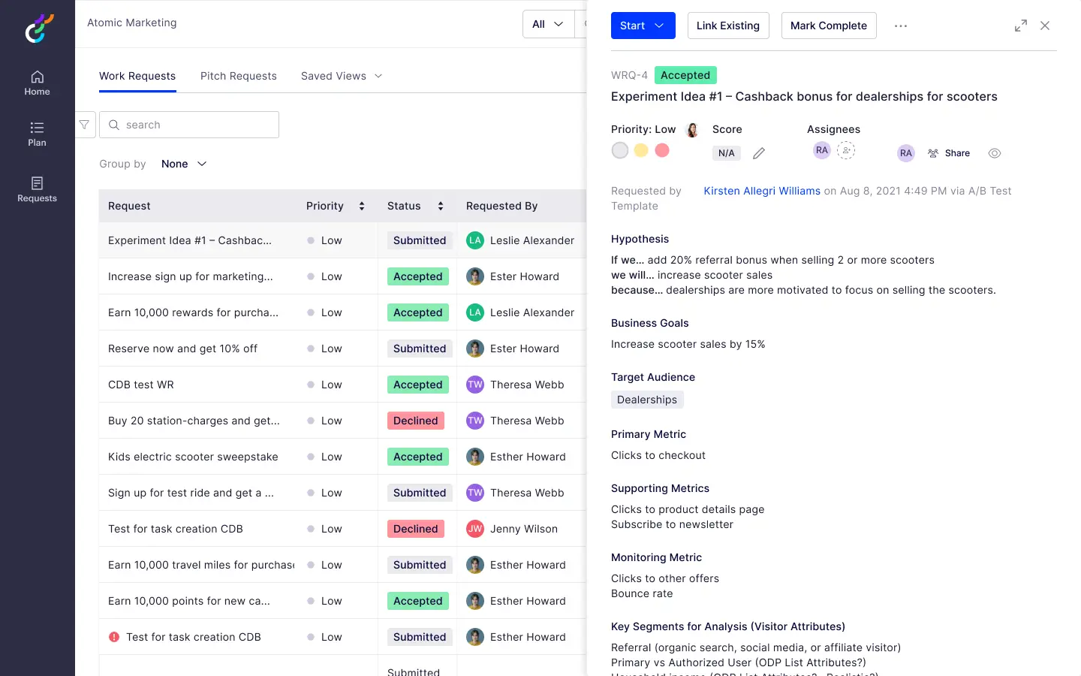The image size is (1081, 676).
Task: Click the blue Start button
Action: coord(642,26)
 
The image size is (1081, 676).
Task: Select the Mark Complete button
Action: coord(828,26)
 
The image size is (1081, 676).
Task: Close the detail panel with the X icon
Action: coord(1045,26)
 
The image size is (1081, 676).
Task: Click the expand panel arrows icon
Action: coord(1020,26)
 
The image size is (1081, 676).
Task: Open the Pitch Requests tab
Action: coord(238,76)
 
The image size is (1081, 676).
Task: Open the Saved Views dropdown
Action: coord(342,76)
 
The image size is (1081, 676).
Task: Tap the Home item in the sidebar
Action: coord(37,83)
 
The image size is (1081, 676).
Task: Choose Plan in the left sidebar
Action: coord(37,134)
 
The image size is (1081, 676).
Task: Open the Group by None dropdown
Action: coord(184,164)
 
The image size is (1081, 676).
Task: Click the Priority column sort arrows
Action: coord(362,206)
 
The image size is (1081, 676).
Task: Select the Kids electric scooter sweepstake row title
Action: coord(193,457)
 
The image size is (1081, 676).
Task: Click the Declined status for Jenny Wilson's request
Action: coord(415,529)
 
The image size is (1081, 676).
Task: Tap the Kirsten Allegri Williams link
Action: coord(761,191)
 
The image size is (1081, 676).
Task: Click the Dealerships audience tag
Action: coord(646,400)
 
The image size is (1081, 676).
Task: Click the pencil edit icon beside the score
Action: coord(759,153)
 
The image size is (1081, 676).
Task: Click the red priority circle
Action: coord(662,150)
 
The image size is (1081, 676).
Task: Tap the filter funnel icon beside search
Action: coord(85,125)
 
